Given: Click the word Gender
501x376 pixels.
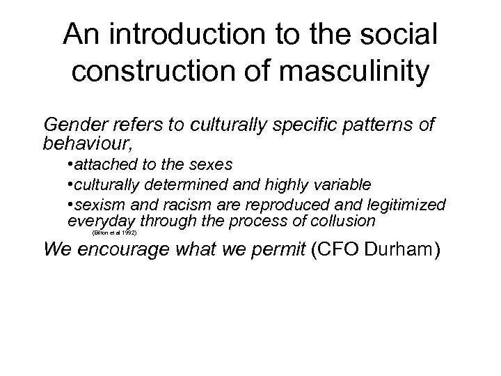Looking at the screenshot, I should [x=72, y=125].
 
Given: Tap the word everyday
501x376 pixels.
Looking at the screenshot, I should [x=101, y=221].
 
